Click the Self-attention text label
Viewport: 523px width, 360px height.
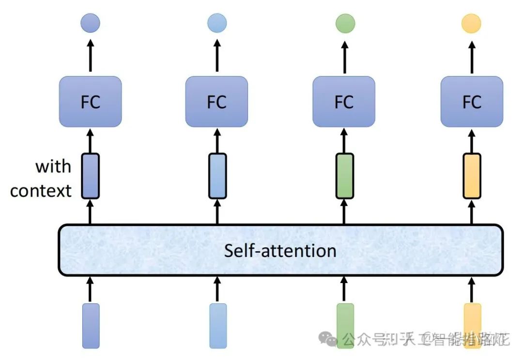coord(280,251)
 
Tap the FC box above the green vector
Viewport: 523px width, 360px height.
coord(344,102)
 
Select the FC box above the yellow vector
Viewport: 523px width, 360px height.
coord(472,102)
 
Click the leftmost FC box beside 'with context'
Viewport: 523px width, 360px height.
coord(90,102)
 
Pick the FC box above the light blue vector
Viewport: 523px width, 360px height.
coord(216,102)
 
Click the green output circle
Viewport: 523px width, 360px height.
coord(345,23)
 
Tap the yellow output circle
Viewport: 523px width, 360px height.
coord(472,23)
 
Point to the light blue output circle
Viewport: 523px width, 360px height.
coord(217,23)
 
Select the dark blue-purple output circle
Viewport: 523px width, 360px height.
coord(90,23)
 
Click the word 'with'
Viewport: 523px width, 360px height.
coord(53,167)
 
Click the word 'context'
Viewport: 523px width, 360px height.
coord(41,191)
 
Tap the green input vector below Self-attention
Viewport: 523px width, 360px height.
coord(345,325)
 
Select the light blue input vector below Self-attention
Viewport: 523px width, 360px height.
coord(217,325)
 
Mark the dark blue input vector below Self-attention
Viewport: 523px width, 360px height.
coord(91,325)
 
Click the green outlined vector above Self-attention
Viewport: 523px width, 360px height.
coord(344,176)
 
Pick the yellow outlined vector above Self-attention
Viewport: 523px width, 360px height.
coord(472,176)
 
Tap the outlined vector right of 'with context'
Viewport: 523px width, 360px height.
coord(90,176)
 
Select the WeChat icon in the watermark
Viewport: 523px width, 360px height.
coord(331,339)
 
